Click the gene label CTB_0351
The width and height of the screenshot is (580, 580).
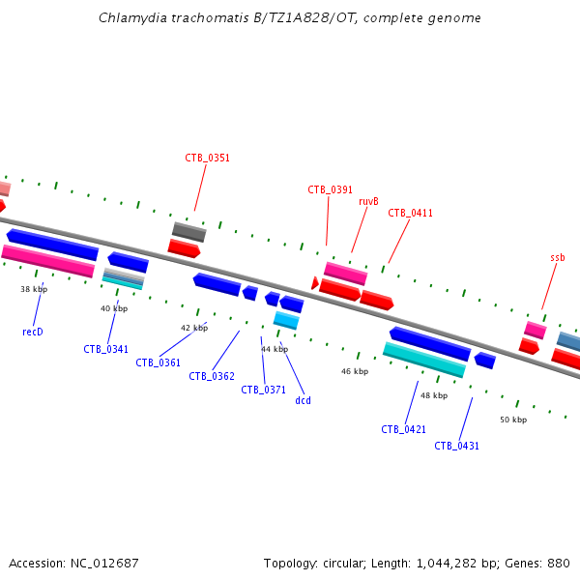click(x=207, y=158)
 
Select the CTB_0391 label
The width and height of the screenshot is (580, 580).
click(x=330, y=189)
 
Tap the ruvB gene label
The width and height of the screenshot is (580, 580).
click(x=367, y=201)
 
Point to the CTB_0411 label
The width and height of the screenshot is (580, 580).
click(x=410, y=213)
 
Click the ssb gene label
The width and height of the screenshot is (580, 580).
click(x=557, y=257)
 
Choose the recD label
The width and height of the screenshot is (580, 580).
click(x=33, y=332)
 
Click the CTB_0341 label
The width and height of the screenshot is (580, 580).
click(x=105, y=349)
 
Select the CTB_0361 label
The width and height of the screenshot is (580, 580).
click(x=158, y=362)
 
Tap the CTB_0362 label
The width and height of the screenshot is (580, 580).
click(x=211, y=376)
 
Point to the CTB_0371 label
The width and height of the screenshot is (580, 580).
click(x=263, y=390)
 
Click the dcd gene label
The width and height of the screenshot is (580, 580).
click(x=303, y=400)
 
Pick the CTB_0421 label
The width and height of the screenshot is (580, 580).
click(x=403, y=429)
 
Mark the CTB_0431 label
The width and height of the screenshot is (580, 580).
click(x=456, y=446)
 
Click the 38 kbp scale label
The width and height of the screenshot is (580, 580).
click(x=34, y=289)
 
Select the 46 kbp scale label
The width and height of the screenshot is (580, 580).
click(x=355, y=371)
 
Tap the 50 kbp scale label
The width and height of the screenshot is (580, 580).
click(x=513, y=420)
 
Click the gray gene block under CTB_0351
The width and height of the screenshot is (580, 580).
click(x=188, y=231)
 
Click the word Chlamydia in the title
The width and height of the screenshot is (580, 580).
click(x=130, y=18)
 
